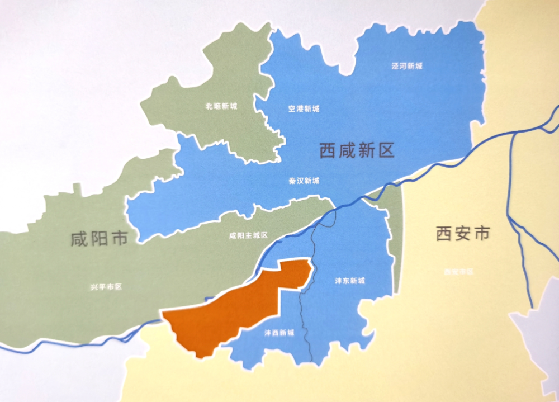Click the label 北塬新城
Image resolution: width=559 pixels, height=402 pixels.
(x=221, y=106)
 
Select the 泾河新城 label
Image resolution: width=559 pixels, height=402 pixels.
(x=407, y=66)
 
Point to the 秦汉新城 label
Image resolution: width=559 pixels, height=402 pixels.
(x=304, y=181)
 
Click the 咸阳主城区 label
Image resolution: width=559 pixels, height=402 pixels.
(x=249, y=235)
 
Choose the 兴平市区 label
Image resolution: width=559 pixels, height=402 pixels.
(x=106, y=287)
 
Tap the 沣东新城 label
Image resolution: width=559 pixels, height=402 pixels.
(x=350, y=281)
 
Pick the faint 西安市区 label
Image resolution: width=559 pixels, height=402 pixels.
(x=458, y=272)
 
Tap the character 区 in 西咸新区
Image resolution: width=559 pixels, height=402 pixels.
(x=386, y=150)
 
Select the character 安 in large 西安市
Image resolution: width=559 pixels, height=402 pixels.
(x=462, y=233)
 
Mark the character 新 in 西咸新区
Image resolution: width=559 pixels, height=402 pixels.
(x=366, y=150)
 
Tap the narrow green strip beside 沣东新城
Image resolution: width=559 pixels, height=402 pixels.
(x=396, y=240)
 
